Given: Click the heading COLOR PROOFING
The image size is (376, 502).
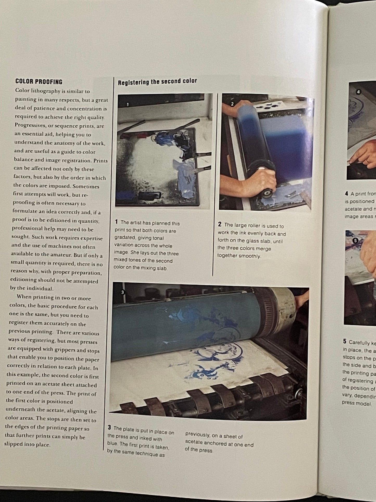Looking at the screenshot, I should tap(39, 82).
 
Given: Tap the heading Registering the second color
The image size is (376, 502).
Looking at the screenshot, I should tap(157, 82).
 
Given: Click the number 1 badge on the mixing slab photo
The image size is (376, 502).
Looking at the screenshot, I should tap(128, 104).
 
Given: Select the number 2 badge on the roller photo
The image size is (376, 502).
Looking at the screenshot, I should tap(232, 104).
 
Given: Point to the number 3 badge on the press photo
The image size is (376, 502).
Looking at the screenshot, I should tap(123, 292).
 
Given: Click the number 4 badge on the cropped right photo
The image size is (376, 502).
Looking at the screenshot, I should tap(358, 92).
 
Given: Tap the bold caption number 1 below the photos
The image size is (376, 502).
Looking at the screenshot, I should tap(116, 222).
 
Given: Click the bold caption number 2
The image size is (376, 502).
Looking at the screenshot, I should tap(220, 224).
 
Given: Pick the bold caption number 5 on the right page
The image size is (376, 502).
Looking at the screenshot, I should tap(345, 342).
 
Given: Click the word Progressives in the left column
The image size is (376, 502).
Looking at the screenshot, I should tap(29, 125).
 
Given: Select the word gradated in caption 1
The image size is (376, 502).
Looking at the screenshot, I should tap(125, 238).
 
